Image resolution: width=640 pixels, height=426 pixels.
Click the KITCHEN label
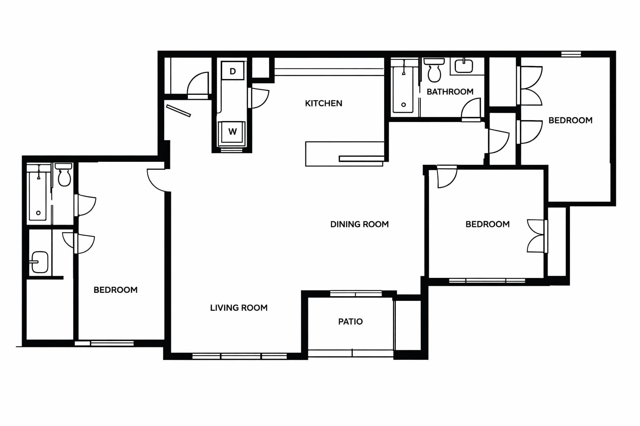(x=323, y=103)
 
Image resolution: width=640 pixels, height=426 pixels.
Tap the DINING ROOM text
(x=360, y=224)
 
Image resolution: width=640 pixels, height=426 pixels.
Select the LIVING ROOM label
(x=239, y=308)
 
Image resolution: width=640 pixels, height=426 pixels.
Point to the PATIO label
(x=350, y=322)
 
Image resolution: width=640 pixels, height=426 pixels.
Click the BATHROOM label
(x=450, y=92)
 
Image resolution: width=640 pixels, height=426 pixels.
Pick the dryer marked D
(x=232, y=71)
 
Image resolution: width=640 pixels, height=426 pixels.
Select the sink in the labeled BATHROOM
(x=464, y=66)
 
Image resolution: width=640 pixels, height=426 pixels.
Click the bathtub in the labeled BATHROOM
(x=403, y=89)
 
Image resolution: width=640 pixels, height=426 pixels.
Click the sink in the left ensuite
(x=40, y=262)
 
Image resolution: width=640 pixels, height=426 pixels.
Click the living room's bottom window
(x=240, y=357)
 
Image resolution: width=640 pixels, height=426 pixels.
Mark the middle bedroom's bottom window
(x=487, y=281)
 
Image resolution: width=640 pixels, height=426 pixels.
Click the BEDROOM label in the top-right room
(x=570, y=120)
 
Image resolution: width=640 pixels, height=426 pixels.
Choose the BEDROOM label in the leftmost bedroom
(x=115, y=290)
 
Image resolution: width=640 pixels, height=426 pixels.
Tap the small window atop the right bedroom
(x=571, y=54)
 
